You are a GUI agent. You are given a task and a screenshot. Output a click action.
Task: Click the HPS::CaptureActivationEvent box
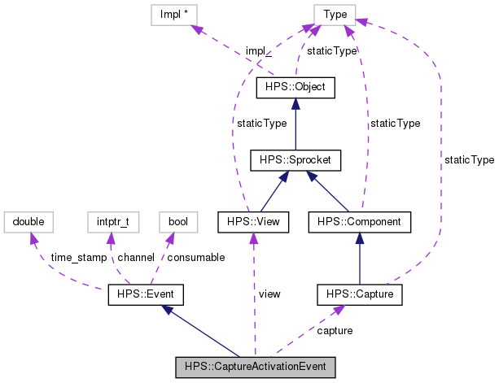tap(256, 367)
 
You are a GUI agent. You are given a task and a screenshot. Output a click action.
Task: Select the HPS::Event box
tap(147, 294)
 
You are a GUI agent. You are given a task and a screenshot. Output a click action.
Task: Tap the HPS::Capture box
tap(359, 294)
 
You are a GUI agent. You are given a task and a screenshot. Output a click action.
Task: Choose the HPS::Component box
tap(359, 220)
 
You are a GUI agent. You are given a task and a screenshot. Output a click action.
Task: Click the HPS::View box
tap(253, 220)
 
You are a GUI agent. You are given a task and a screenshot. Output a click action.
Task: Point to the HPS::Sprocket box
tap(295, 159)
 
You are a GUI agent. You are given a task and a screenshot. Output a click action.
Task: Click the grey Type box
tap(335, 14)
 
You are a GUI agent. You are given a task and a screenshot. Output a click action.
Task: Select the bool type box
tap(177, 220)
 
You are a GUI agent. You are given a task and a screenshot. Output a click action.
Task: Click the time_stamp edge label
tap(78, 257)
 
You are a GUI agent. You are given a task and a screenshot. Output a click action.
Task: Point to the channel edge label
tap(134, 257)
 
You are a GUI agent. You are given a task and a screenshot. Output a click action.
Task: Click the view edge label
tap(269, 294)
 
